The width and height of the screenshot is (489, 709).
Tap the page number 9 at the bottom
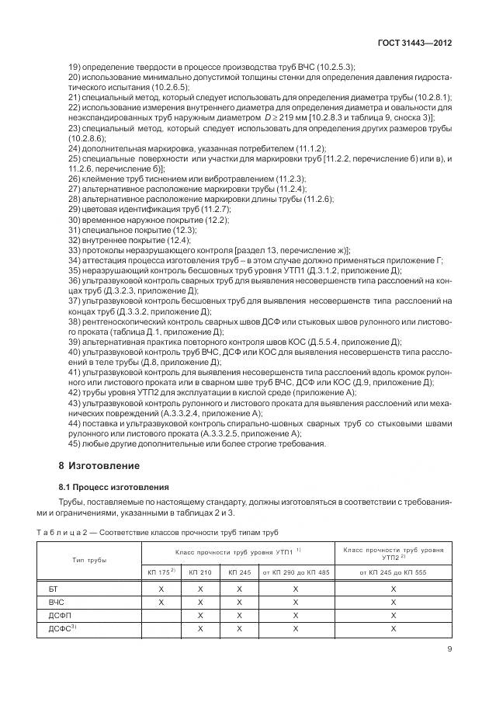point(449,651)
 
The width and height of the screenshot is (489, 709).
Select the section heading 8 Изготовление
point(99,466)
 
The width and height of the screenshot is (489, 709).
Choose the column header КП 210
point(199,572)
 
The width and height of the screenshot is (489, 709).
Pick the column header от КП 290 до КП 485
point(295,572)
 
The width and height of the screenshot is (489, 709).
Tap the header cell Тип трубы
point(89,560)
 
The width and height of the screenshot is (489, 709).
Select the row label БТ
point(54,589)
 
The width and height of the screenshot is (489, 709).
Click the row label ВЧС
point(56,602)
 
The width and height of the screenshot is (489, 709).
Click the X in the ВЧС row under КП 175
point(161,602)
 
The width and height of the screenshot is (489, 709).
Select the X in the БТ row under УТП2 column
point(393,589)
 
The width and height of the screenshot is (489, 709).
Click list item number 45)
point(75,444)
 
